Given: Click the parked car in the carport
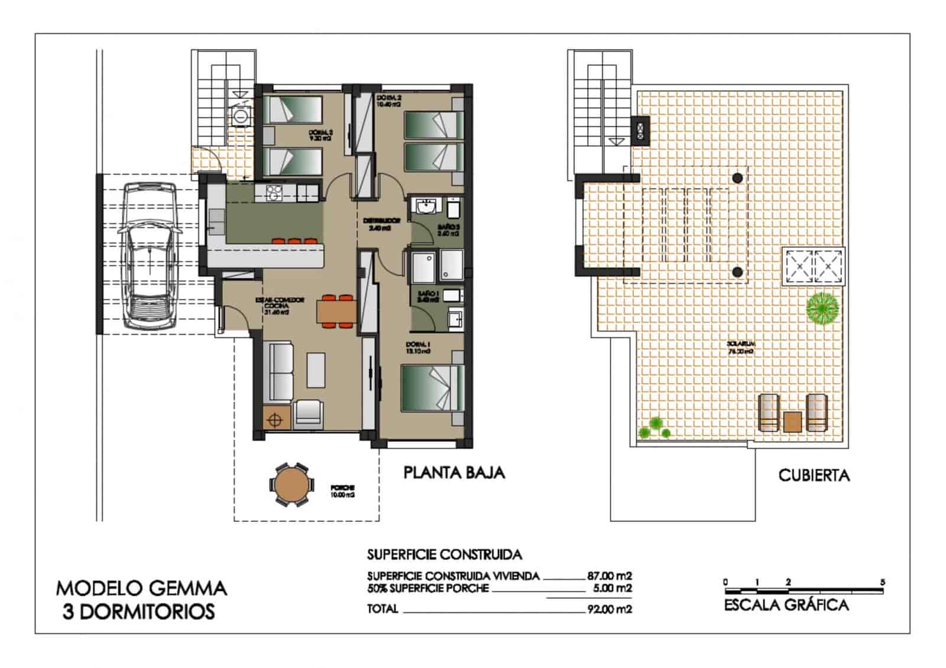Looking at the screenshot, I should pos(150,255).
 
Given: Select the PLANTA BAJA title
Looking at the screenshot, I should pos(454,472).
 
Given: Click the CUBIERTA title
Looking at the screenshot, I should pos(814,475).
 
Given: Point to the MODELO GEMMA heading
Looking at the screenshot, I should pos(141,588).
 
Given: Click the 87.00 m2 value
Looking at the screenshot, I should pos(610,575).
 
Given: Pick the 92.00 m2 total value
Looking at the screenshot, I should pos(610,609).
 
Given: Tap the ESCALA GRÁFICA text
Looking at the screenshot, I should pos(786,605).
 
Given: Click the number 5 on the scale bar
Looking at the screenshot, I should pos(882,582).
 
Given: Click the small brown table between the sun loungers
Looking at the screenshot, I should pos(792,421).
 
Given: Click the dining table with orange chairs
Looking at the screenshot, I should pos(335,312).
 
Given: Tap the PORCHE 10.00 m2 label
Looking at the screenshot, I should pos(342,492).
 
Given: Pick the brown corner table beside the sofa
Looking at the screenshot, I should pos(274,420).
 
